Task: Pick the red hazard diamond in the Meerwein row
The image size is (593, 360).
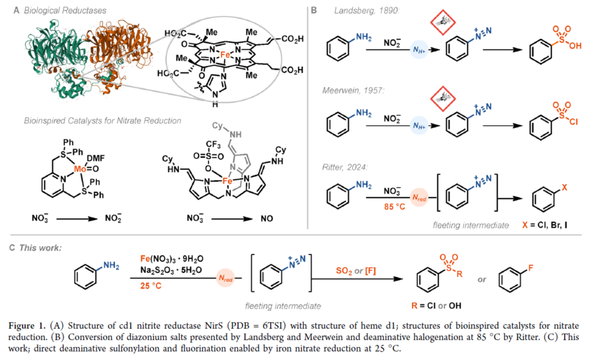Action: click(441, 97)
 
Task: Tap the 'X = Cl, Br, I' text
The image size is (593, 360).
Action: click(544, 225)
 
